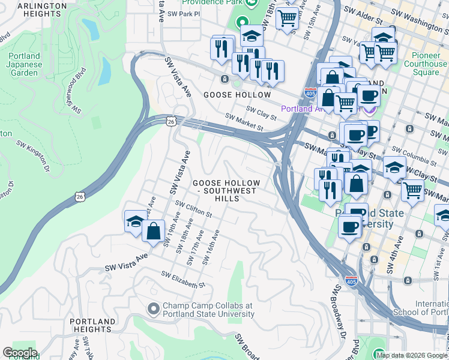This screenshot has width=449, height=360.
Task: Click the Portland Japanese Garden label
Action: tap(25, 65)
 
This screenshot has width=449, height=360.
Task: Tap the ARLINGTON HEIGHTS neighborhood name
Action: tap(42, 10)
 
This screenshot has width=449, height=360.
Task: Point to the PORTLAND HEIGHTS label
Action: tap(92, 326)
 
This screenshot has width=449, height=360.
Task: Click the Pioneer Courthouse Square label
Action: tap(426, 64)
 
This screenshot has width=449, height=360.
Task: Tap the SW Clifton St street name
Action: tap(193, 209)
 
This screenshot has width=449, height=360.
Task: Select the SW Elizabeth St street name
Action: tap(183, 279)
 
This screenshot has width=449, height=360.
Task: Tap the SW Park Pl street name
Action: tap(182, 13)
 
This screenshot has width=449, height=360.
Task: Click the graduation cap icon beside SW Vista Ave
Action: tap(136, 221)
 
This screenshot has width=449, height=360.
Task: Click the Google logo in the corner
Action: tap(20, 353)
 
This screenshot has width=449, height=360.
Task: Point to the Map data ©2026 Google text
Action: tap(412, 355)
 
